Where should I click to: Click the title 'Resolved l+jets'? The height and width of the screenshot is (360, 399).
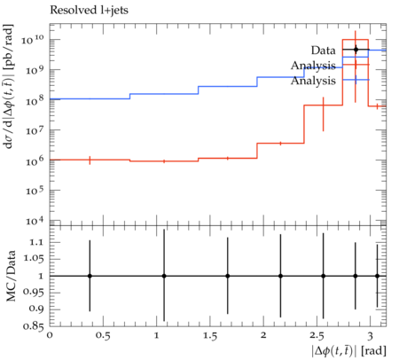(x=89, y=10)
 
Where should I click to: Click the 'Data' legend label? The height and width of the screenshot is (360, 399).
(x=323, y=51)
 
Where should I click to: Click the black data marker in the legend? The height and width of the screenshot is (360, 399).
(x=356, y=50)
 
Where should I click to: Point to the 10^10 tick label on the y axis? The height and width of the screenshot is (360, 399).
(x=33, y=38)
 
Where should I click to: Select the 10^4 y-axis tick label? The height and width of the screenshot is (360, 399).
(x=35, y=220)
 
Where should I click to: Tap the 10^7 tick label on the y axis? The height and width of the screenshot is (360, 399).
(x=35, y=129)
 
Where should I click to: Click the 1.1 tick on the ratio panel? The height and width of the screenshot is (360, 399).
(x=36, y=242)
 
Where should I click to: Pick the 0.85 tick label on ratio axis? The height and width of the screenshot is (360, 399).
(x=34, y=326)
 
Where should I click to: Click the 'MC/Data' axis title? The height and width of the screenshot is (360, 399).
(x=12, y=276)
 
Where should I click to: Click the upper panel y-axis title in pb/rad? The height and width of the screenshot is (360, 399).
(x=10, y=87)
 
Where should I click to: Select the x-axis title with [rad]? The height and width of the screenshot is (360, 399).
(x=348, y=351)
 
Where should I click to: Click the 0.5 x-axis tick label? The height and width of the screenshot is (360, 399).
(x=103, y=336)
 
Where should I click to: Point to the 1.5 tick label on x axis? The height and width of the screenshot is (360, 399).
(x=210, y=336)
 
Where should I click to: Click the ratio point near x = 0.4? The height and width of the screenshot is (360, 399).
(x=90, y=276)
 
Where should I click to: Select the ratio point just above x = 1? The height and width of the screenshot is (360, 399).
(x=164, y=276)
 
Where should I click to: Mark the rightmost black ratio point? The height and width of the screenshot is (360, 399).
(x=377, y=276)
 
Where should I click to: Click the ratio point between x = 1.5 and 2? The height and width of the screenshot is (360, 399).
(x=228, y=276)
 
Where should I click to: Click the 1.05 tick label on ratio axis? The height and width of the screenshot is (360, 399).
(x=34, y=259)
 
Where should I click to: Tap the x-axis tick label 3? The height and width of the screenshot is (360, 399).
(x=370, y=336)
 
